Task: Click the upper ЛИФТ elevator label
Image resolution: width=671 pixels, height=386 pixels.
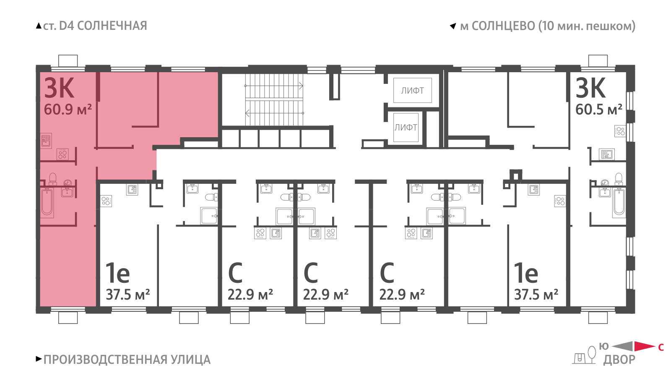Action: click(x=413, y=91)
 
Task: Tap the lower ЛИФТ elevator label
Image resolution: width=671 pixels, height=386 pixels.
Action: click(x=406, y=128)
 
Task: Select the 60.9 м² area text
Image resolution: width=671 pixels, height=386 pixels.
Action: click(x=68, y=110)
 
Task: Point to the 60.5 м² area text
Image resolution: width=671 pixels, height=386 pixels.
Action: click(x=599, y=110)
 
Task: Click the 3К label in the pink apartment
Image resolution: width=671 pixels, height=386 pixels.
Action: click(x=59, y=88)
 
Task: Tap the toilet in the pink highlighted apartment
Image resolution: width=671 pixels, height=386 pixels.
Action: click(x=53, y=179)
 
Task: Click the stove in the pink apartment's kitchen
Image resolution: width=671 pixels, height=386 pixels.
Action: click(x=62, y=154)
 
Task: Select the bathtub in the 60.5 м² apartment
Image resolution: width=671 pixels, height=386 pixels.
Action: click(x=619, y=203)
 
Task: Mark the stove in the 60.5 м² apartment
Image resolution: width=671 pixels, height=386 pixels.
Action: click(x=620, y=131)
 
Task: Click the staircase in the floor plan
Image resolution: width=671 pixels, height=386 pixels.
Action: click(x=274, y=99)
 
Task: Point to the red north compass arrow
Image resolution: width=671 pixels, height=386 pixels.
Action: click(x=645, y=346)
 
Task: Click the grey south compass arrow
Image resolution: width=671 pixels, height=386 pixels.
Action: click(x=622, y=346)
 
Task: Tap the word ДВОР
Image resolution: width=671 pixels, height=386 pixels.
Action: click(x=619, y=360)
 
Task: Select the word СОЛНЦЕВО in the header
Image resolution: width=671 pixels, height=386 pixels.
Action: click(x=503, y=26)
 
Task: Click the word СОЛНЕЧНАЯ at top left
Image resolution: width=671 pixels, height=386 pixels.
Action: click(x=112, y=26)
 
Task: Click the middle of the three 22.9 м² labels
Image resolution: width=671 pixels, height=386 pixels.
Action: click(x=325, y=295)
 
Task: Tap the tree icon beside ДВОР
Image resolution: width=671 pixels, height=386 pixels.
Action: click(x=592, y=355)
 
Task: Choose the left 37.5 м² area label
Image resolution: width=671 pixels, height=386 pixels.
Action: click(x=128, y=295)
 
